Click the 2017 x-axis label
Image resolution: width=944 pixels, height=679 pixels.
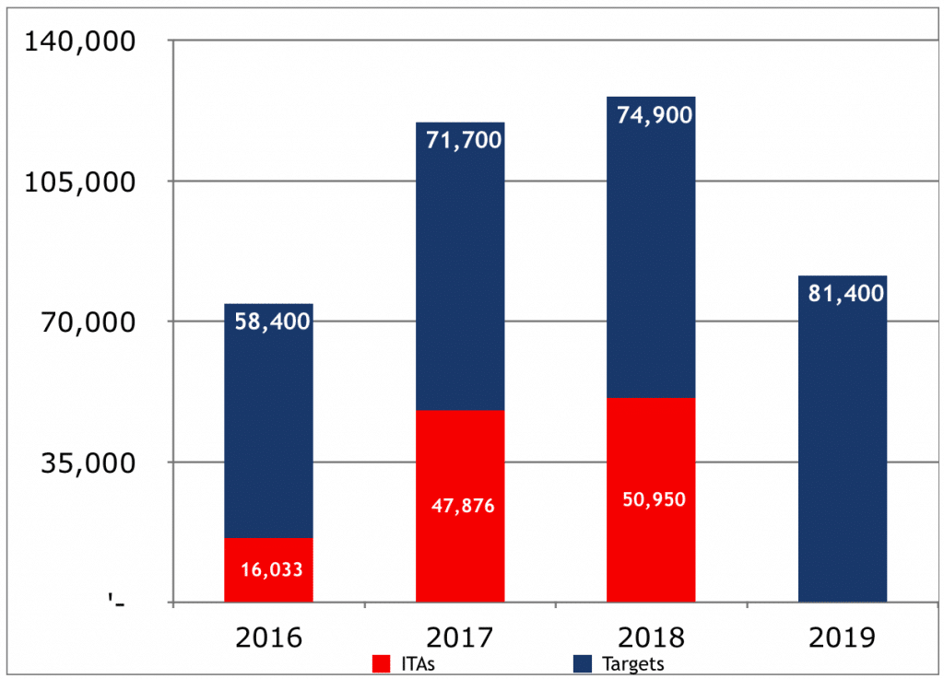[460, 637]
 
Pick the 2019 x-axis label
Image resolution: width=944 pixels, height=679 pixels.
[842, 637]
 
